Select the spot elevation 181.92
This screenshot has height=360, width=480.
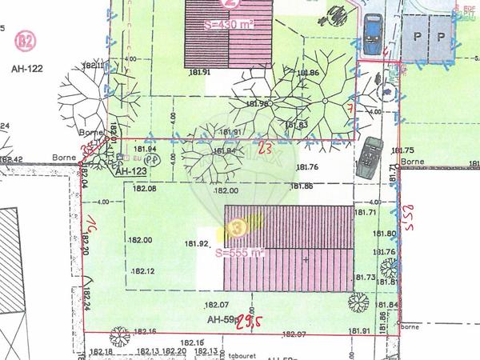197,243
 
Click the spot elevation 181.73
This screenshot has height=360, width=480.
363,277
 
